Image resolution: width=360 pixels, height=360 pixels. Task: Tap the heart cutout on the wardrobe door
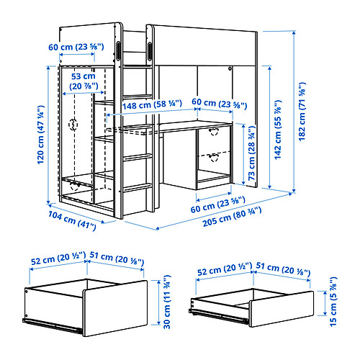click(73, 124)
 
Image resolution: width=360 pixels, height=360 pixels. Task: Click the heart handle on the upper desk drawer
click(214, 131)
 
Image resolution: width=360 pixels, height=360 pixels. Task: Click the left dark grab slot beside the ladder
click(119, 53)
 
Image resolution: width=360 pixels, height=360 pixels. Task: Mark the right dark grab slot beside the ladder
click(148, 53)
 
